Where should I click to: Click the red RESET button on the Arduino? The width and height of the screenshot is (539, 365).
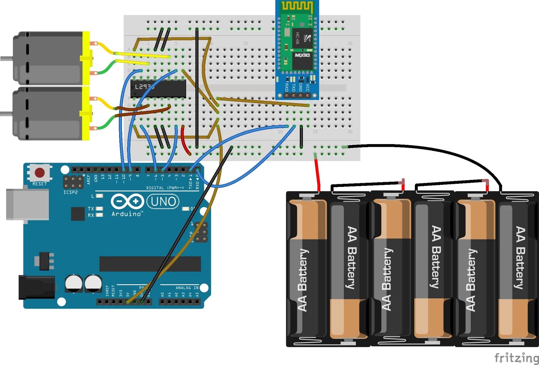point(39,173)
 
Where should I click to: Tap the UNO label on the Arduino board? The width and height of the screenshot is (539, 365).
point(163,202)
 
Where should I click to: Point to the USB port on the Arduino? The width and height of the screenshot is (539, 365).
point(27,204)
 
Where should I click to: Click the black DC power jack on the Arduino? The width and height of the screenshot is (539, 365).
point(36,287)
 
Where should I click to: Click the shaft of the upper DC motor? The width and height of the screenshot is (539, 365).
point(6,59)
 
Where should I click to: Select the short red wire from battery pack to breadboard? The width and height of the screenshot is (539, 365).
point(317,173)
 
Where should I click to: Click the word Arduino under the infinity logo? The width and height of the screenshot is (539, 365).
point(127,214)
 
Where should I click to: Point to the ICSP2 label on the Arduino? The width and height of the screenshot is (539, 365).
point(70,192)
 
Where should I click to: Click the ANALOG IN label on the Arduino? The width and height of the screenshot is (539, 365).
point(187,288)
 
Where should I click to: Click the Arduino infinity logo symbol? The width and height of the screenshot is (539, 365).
point(127,201)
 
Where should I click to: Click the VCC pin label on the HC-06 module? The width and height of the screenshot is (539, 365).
point(308,88)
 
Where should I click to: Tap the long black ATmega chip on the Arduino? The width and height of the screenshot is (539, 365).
point(150,264)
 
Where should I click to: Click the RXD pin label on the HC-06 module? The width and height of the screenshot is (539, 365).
point(287,88)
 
